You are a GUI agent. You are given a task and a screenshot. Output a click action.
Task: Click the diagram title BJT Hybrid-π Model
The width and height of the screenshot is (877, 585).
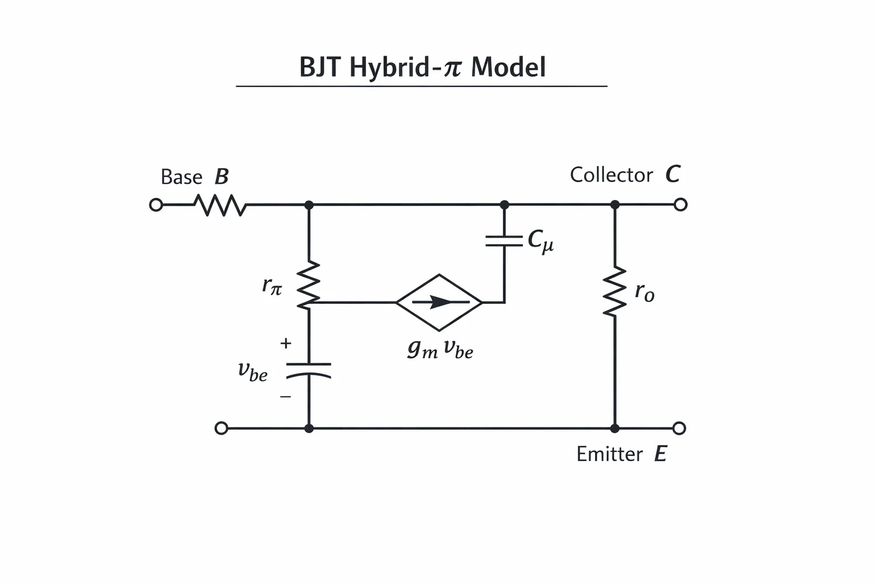tap(423, 67)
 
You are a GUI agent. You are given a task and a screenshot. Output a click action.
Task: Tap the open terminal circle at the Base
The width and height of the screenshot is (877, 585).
tap(156, 205)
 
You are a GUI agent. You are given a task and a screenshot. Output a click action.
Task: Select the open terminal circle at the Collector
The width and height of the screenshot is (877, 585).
tap(681, 205)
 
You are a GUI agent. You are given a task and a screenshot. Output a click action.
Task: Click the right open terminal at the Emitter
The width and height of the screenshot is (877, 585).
tap(679, 428)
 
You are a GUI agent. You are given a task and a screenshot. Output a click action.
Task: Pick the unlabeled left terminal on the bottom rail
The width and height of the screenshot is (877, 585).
tap(221, 428)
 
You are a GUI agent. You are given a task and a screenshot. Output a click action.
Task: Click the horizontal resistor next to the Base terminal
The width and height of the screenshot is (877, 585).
tap(220, 205)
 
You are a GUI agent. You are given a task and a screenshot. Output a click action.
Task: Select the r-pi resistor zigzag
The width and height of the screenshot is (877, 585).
tap(308, 285)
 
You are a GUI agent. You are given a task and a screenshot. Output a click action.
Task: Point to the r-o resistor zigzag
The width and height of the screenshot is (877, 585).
tap(615, 291)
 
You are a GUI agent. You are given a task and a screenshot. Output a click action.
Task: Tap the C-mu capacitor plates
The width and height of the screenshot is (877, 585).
tap(504, 241)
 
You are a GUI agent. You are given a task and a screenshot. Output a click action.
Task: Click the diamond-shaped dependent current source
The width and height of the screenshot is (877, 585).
tap(439, 302)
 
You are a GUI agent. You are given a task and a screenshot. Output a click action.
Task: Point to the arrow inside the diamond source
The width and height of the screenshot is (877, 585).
tap(441, 302)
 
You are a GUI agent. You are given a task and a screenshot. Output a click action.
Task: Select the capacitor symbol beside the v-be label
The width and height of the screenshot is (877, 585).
tap(308, 371)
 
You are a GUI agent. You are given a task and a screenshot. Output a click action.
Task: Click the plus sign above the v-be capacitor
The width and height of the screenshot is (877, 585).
tap(286, 343)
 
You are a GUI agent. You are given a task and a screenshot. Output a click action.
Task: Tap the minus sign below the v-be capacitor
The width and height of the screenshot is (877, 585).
tap(285, 396)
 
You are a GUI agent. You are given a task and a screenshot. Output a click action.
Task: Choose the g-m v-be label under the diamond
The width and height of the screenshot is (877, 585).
tap(440, 348)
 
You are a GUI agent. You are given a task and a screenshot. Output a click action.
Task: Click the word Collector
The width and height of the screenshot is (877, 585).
tap(611, 175)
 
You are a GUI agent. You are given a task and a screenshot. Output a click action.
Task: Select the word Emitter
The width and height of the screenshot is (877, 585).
tap(609, 454)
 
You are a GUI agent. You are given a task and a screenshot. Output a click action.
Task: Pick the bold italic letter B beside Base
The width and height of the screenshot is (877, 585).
tap(222, 177)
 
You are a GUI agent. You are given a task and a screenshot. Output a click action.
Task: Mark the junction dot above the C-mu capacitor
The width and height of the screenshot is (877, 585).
tap(504, 205)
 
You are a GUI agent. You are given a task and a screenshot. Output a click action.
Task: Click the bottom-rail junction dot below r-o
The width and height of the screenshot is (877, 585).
tap(615, 428)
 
